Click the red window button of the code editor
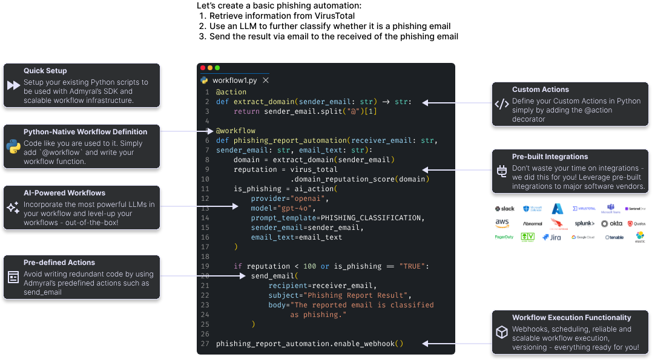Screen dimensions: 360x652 203,68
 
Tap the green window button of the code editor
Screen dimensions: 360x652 217,68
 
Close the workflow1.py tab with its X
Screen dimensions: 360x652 266,80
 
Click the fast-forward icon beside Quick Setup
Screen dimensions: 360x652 13,85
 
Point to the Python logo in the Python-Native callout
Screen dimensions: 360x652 13,146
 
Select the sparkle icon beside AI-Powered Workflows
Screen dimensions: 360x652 13,208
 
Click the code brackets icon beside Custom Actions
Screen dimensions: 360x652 502,104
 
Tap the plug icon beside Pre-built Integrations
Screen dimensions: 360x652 502,171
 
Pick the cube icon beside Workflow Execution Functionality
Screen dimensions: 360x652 502,332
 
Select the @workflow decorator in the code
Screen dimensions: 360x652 235,131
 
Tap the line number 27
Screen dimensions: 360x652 205,344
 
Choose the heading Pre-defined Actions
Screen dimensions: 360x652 59,263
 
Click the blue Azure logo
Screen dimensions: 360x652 558,209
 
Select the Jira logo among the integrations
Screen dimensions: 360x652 552,237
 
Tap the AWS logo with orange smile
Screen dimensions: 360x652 503,223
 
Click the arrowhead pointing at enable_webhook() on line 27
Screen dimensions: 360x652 426,344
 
